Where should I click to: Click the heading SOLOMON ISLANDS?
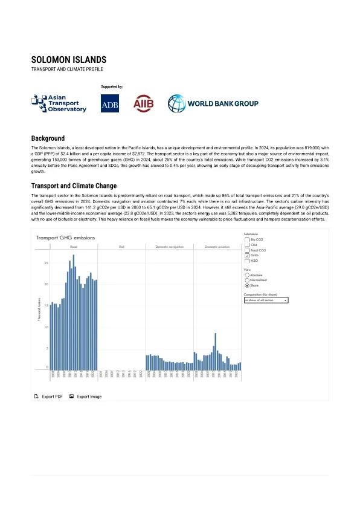[69, 60]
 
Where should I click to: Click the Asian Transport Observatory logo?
[59, 103]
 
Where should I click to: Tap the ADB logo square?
[110, 104]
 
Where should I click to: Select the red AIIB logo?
[144, 103]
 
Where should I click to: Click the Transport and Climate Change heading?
[74, 186]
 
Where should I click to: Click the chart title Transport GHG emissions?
[62, 238]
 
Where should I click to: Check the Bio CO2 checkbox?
[246, 239]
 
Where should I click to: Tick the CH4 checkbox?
[246, 245]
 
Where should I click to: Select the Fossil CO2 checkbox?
[246, 250]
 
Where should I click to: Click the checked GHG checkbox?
[246, 256]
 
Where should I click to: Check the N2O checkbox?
[246, 261]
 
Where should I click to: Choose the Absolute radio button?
[246, 275]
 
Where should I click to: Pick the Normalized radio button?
[246, 280]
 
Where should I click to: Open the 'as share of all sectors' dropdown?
[266, 299]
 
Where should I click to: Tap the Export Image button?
[85, 397]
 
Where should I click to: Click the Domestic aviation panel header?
[216, 247]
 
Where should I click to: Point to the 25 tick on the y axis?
[47, 263]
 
